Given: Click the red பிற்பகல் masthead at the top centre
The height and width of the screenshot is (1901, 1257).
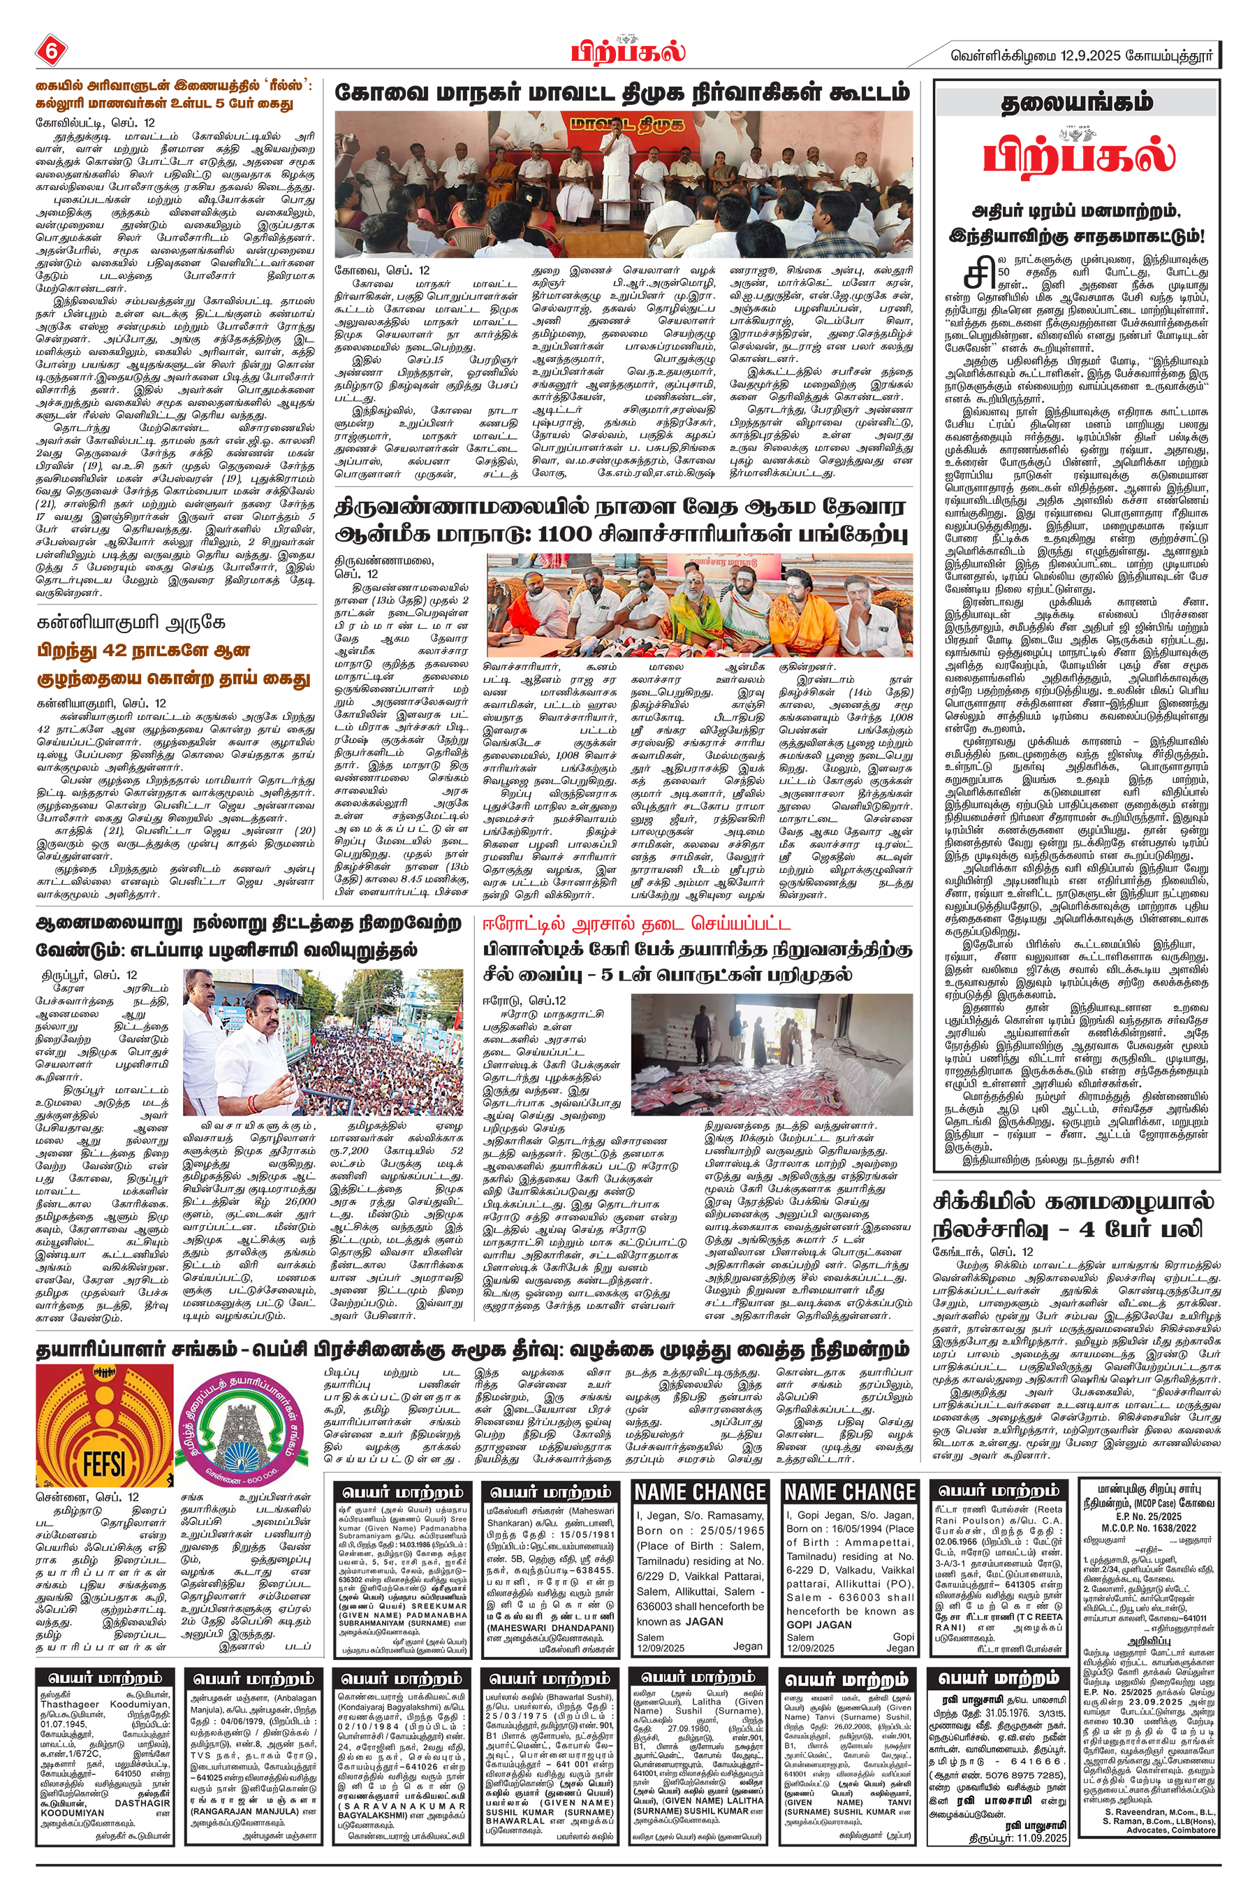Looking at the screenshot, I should pyautogui.click(x=628, y=50).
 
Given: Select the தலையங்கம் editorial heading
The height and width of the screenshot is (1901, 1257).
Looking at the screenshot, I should pyautogui.click(x=1077, y=103).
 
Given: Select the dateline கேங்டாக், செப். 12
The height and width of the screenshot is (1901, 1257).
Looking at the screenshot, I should pyautogui.click(x=983, y=1251).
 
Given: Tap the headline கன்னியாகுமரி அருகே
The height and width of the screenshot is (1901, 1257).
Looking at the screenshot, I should pyautogui.click(x=131, y=623).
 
